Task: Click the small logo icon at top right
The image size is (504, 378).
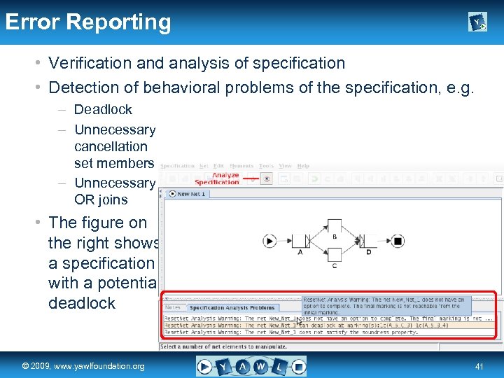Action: tap(477, 22)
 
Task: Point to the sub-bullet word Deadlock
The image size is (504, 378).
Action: tap(103, 110)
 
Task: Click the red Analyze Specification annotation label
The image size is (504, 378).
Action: tap(225, 178)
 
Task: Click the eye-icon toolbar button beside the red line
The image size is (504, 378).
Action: tap(267, 178)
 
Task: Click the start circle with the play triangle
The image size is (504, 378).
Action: tap(269, 241)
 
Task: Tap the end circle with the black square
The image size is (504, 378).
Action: tap(397, 241)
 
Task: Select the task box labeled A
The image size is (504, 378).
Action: tap(300, 241)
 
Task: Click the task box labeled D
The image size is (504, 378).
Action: tap(368, 241)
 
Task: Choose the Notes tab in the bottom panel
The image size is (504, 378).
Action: tap(173, 307)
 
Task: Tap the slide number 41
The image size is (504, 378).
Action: tap(479, 366)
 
